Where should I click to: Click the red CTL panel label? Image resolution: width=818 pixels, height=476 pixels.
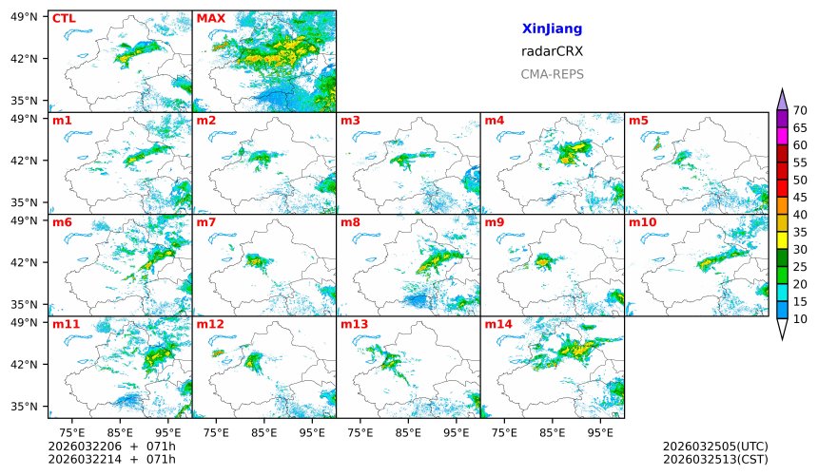(63, 18)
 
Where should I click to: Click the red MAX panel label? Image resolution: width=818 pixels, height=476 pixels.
(210, 18)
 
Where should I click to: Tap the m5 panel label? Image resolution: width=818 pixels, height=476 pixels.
(638, 121)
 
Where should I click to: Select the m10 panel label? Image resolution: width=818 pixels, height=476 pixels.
(642, 222)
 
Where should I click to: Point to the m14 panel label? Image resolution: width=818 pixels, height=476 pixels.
(497, 324)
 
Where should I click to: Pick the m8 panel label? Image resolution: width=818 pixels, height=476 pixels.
(350, 222)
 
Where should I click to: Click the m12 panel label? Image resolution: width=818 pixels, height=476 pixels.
(209, 324)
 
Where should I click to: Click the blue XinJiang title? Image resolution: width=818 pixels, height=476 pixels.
(552, 29)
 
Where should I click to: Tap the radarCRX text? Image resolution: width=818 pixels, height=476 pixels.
(552, 51)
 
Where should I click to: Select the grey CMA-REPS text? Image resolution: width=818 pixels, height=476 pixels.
(552, 73)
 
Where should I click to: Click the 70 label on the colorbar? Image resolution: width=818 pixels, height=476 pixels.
(800, 111)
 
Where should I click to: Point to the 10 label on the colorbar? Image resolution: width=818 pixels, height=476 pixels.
(800, 319)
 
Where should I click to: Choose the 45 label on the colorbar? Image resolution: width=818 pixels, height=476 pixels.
(800, 198)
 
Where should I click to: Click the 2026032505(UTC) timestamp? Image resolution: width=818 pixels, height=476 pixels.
(714, 446)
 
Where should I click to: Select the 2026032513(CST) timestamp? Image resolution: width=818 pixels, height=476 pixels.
(714, 459)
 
